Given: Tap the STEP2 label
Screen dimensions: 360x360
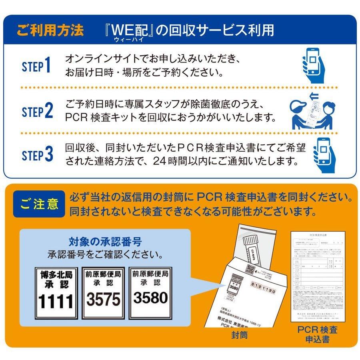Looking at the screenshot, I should click(x=38, y=112).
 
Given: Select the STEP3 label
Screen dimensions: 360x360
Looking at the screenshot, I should click(x=38, y=154).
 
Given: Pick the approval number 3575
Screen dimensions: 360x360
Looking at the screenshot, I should click(x=104, y=299).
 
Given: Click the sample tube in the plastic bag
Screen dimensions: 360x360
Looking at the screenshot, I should click(x=252, y=250).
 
